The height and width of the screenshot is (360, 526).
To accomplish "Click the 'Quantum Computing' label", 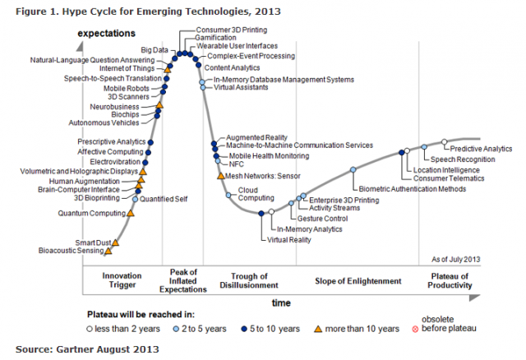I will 91,213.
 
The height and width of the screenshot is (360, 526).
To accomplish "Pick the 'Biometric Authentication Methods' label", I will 413,188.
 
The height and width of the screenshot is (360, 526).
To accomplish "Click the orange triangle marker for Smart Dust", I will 116,242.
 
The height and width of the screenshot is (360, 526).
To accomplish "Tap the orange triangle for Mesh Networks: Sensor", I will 220,174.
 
